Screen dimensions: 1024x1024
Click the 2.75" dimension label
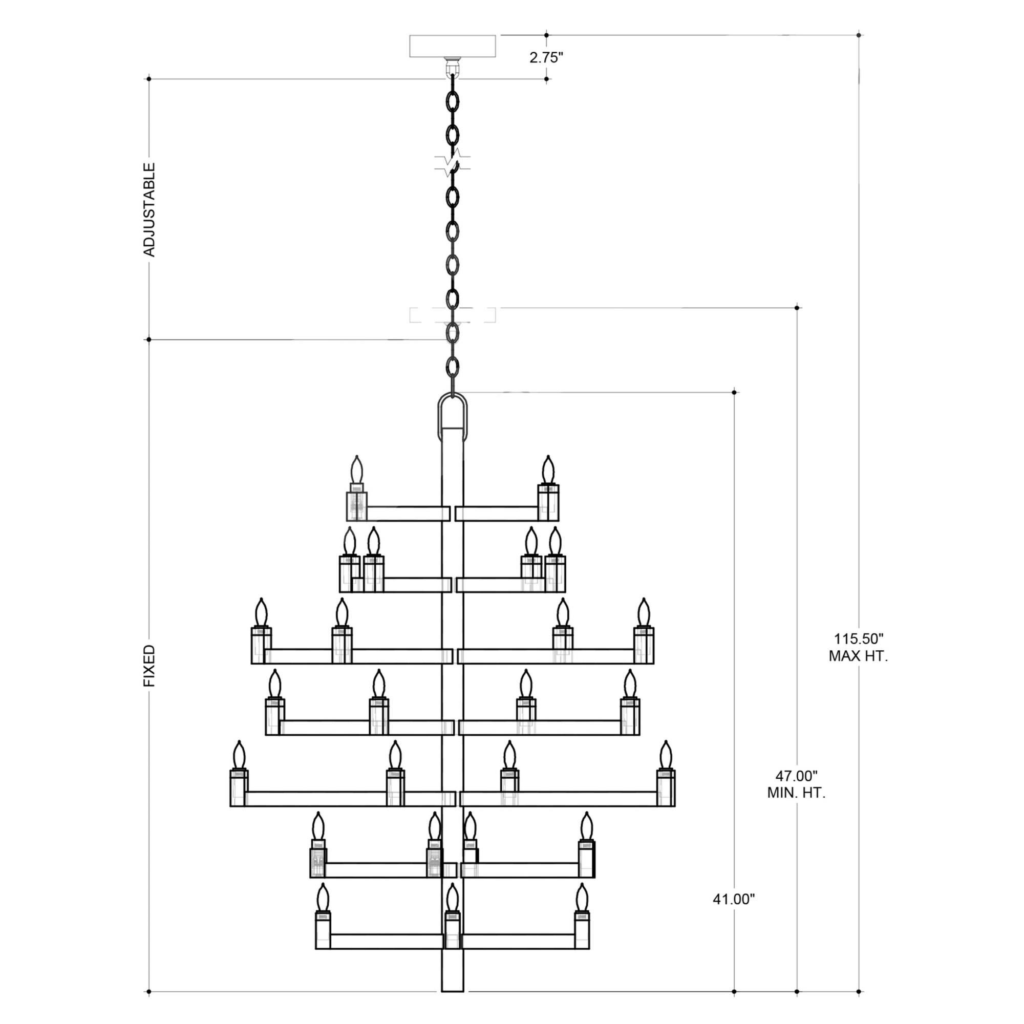pos(546,58)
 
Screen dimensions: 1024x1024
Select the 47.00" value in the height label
pos(796,776)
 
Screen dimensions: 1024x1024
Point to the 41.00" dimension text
pos(734,900)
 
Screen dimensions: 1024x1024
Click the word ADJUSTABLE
pos(150,210)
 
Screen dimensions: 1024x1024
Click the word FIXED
pos(150,666)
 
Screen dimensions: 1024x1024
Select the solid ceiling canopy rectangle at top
pos(453,46)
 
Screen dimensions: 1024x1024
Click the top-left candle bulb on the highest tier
pos(357,470)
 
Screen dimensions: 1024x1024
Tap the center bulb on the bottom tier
pos(452,898)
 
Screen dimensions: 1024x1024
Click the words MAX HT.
pos(858,656)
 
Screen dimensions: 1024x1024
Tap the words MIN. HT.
pos(796,794)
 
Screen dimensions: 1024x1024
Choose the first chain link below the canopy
pos(453,101)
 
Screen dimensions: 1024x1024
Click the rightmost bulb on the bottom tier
pos(582,898)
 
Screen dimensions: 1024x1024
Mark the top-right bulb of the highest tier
pos(548,470)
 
